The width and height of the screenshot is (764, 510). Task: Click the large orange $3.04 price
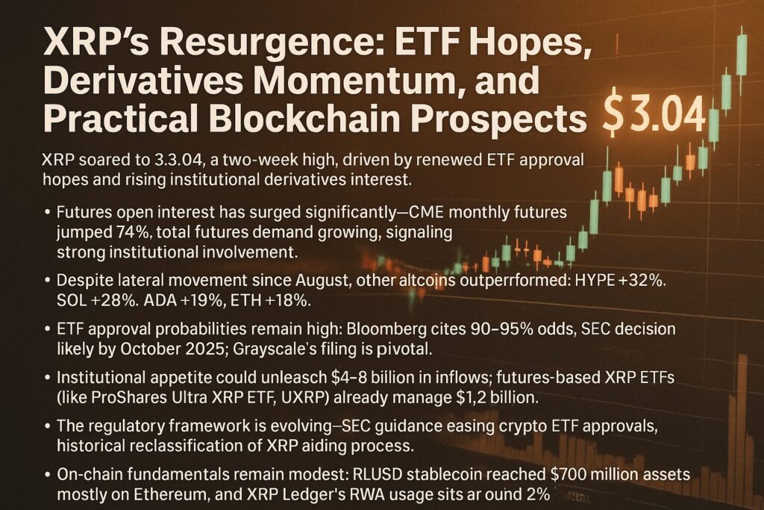pos(654,113)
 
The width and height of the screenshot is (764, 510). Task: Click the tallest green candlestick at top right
pos(741,54)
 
